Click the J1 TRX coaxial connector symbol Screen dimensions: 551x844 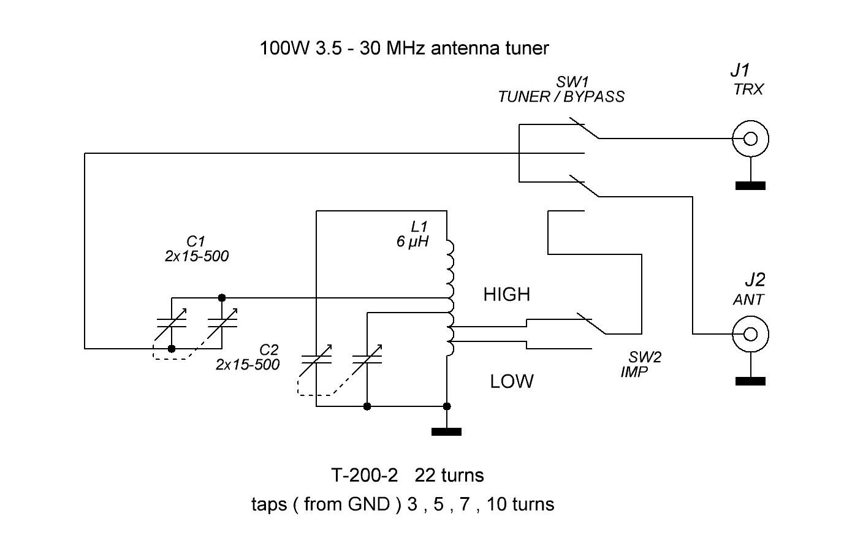tap(750, 139)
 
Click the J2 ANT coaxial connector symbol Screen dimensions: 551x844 tap(750, 334)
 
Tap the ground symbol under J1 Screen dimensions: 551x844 tap(750, 186)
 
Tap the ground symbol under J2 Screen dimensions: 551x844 tap(750, 381)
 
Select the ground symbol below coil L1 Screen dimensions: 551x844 tap(446, 431)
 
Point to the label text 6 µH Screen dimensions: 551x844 tap(412, 242)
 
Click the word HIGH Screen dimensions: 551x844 tap(506, 295)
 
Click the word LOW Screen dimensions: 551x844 tap(511, 382)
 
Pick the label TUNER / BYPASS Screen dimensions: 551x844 tap(561, 97)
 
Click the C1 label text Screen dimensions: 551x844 tap(196, 241)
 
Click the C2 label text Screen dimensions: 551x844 tap(269, 350)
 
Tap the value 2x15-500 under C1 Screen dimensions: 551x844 tap(196, 256)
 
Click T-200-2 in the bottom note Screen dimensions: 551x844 tap(364, 475)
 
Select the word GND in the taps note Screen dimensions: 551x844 tap(369, 504)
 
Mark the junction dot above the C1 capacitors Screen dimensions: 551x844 tap(222, 298)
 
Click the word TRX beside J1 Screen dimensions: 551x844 tap(748, 89)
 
